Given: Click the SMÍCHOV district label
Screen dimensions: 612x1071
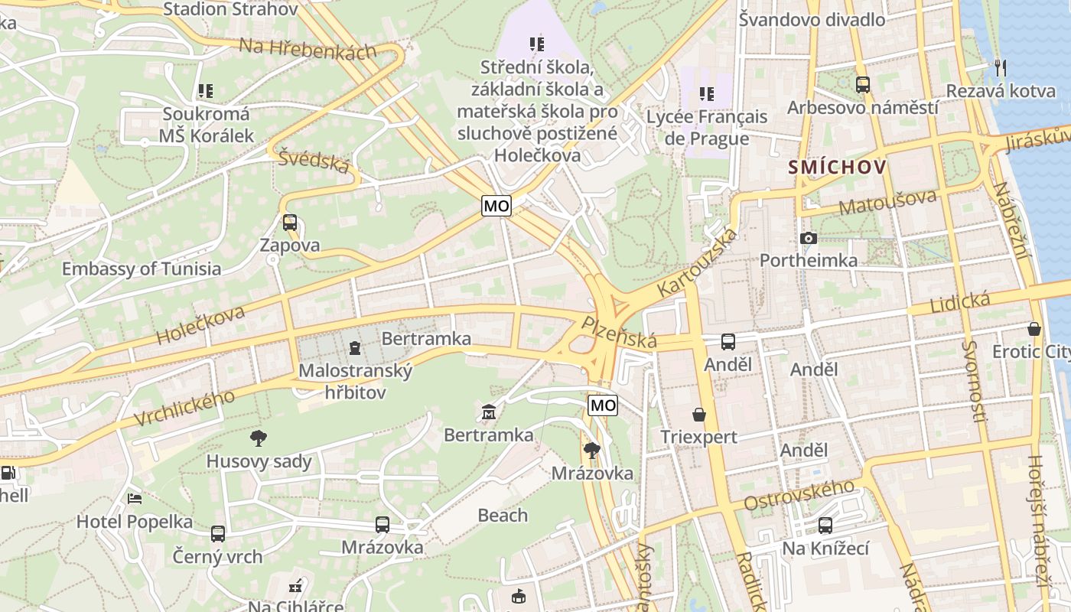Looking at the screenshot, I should pos(838,167).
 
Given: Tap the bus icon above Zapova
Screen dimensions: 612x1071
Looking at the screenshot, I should pos(289,223).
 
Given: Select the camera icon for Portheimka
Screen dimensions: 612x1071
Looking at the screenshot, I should pos(808,239).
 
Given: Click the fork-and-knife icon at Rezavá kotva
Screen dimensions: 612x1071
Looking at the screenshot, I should pos(999,67).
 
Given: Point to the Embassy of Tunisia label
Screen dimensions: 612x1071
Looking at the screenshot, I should pos(142,269).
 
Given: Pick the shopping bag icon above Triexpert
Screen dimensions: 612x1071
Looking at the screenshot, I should pos(699,415).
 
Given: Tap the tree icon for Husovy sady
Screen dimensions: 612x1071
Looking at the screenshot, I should pos(259,438).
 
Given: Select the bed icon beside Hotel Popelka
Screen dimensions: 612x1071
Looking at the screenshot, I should pos(135,499).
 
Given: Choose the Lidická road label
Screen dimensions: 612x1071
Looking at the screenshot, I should pos(960,302).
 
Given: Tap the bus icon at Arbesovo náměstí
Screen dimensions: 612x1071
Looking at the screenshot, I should pos(863,85).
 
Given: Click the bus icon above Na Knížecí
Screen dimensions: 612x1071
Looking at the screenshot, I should pos(825,526).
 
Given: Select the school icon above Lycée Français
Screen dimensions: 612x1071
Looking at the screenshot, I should pos(706,94).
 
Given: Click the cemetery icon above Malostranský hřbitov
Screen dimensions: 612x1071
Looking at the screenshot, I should pos(355,349).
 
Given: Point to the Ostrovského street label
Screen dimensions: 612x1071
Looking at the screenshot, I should pos(799,495).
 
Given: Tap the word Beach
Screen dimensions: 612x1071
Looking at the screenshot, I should pos(503,515).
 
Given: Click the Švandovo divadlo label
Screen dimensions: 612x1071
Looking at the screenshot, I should pos(812,20).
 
